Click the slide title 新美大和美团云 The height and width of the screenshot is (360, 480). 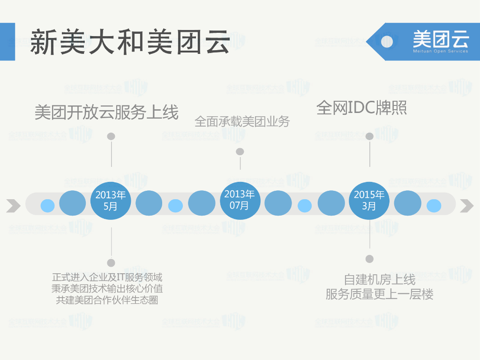(130, 42)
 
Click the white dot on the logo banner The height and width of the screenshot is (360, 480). (387, 41)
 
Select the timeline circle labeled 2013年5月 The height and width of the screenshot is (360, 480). (110, 200)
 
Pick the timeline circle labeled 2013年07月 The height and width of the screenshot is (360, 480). (239, 200)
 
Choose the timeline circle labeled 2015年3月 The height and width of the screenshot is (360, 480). (369, 200)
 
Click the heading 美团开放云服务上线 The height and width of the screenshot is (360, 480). (107, 112)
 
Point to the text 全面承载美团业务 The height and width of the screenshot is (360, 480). (242, 122)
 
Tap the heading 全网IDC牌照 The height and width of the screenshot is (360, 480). (361, 108)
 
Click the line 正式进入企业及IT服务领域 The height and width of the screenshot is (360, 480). (107, 277)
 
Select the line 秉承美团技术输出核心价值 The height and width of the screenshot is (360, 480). (107, 289)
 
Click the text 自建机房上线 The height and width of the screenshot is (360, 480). (380, 280)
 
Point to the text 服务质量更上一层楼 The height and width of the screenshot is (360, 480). (380, 294)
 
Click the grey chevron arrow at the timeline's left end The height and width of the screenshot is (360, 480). (14, 205)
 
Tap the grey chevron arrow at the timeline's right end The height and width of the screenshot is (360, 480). (467, 205)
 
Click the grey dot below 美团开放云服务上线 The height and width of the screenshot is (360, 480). (111, 136)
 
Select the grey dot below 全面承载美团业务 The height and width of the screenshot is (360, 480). (240, 151)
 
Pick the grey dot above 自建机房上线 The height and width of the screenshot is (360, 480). (369, 259)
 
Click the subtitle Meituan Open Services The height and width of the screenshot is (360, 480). (440, 51)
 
